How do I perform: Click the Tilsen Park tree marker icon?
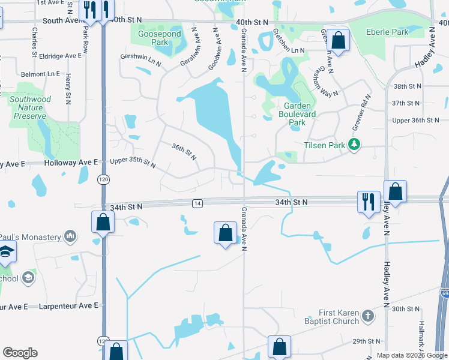click(x=355, y=145)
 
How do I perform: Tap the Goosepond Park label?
click(x=151, y=38)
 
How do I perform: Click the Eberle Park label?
click(x=390, y=32)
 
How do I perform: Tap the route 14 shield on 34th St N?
click(x=197, y=204)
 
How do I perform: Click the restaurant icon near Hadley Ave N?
click(x=368, y=201)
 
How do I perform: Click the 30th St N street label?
click(x=406, y=308)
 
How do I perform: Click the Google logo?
click(x=20, y=353)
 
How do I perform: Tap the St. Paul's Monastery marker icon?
click(x=71, y=236)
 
